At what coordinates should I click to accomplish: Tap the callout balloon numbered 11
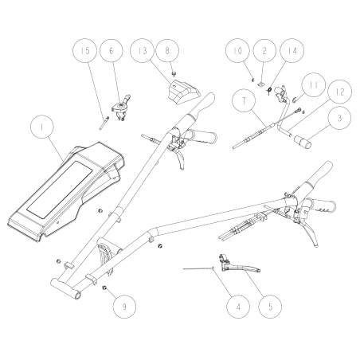coord(311,83)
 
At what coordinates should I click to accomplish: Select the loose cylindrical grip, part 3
coord(305,144)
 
